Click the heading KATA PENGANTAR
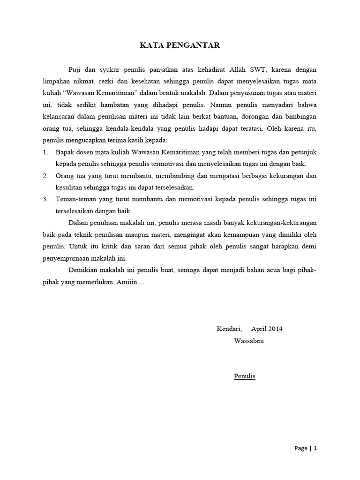click(180, 45)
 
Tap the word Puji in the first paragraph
click(75, 70)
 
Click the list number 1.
click(45, 152)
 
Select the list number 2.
click(45, 176)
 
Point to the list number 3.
click(45, 199)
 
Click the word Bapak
click(65, 152)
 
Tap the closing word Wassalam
click(249, 341)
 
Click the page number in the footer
click(315, 448)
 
